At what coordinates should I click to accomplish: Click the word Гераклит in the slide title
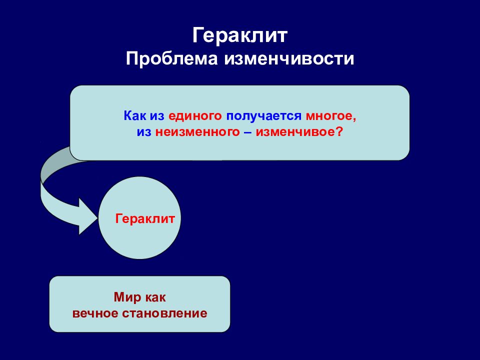click(x=240, y=36)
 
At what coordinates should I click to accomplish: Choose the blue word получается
click(x=263, y=116)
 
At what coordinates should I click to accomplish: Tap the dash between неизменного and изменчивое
click(x=248, y=132)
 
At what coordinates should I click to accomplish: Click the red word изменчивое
click(x=293, y=132)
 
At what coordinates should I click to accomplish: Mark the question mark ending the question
click(x=339, y=132)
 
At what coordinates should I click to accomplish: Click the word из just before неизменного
click(x=144, y=132)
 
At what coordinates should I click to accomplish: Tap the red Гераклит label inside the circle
click(x=145, y=219)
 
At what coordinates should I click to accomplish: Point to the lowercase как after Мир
click(x=155, y=297)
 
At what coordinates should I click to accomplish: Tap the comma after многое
click(x=354, y=118)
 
